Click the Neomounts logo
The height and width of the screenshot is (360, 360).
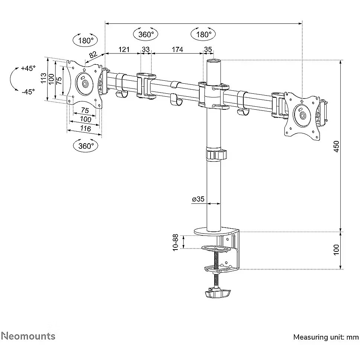click(x=28, y=336)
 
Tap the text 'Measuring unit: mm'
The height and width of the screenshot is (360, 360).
click(x=326, y=337)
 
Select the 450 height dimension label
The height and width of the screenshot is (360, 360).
click(x=336, y=147)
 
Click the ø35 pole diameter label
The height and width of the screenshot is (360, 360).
click(x=198, y=199)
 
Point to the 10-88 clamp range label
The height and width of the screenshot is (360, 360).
click(x=176, y=242)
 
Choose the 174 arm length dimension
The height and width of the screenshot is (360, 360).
click(x=177, y=49)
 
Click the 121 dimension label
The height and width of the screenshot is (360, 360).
click(x=124, y=49)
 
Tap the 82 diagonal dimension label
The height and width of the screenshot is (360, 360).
click(x=93, y=55)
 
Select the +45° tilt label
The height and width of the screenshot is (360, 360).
click(x=28, y=68)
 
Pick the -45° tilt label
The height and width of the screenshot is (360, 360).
click(x=29, y=91)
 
